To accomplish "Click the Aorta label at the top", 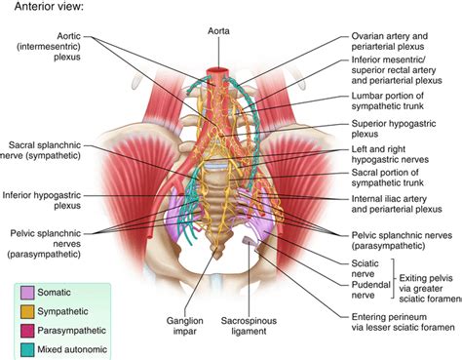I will [x=218, y=30].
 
